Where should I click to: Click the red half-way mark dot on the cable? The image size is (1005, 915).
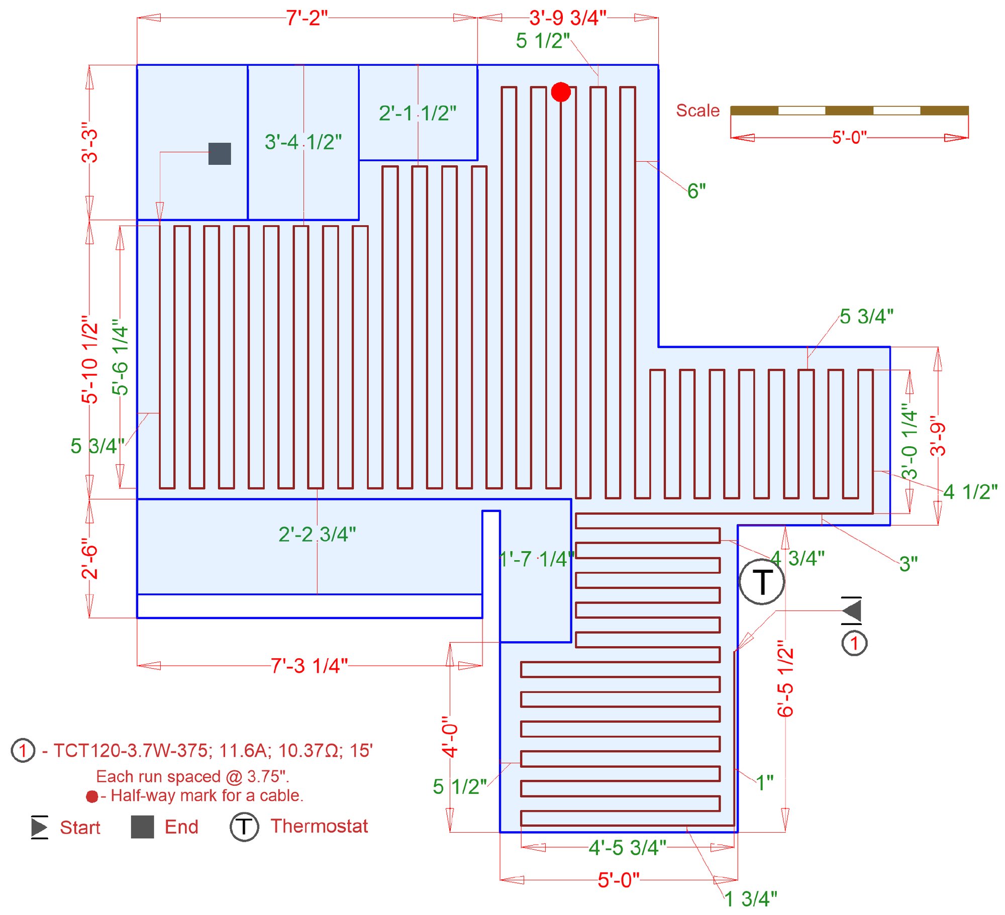click(561, 92)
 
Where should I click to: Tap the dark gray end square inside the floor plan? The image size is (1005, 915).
click(220, 154)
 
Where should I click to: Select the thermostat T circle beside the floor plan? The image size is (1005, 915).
click(762, 581)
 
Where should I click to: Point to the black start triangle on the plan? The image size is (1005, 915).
click(852, 611)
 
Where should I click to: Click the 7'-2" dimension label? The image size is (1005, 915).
click(307, 18)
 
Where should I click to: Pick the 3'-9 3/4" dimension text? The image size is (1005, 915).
click(568, 18)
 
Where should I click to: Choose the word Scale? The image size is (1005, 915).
click(697, 111)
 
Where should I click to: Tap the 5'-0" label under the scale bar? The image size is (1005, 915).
click(849, 137)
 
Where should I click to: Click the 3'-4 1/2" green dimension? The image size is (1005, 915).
click(303, 142)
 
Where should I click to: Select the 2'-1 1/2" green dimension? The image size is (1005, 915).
click(418, 114)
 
